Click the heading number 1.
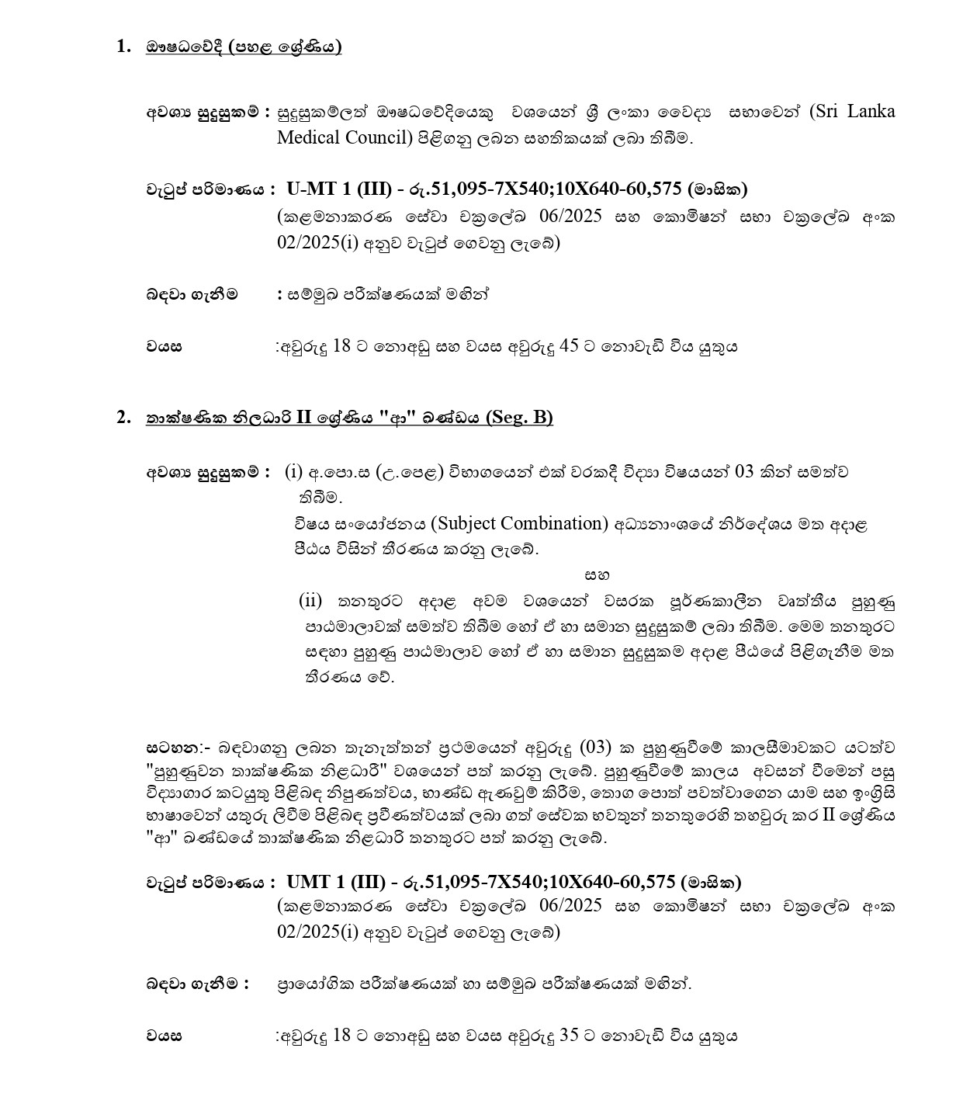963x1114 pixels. pyautogui.click(x=123, y=47)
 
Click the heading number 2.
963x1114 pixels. pyautogui.click(x=123, y=417)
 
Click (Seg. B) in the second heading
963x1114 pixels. pyautogui.click(x=519, y=417)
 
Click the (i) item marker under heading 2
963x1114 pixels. pyautogui.click(x=293, y=471)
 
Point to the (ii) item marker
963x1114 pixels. pyautogui.click(x=310, y=600)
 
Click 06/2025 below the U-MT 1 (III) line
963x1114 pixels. pyautogui.click(x=573, y=217)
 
